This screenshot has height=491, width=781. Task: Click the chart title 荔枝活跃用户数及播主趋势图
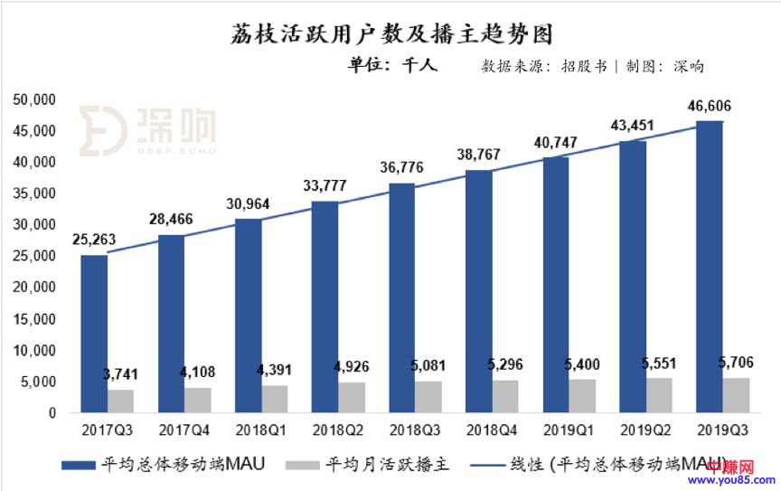pos(390,33)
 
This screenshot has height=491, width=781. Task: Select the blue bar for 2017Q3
pos(94,334)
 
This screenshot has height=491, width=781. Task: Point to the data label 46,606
pos(710,107)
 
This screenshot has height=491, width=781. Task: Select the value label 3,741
pos(119,375)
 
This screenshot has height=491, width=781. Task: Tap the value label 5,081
pos(428,368)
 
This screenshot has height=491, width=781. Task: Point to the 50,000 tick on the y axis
pos(36,99)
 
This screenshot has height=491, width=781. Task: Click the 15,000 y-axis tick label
pos(36,319)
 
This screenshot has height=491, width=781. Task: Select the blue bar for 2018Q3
pos(402,297)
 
